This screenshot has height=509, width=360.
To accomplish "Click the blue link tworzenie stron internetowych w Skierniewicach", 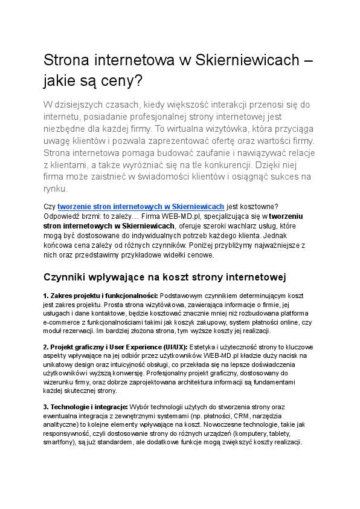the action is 141,206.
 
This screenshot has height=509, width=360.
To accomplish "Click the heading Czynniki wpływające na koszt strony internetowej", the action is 164,277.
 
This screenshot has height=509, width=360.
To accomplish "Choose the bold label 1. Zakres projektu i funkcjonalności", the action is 100,296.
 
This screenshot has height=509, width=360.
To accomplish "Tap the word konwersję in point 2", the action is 126,374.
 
